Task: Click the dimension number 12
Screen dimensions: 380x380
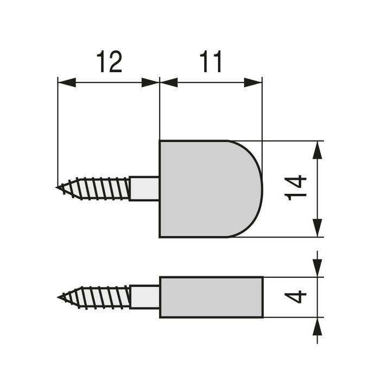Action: tap(109, 63)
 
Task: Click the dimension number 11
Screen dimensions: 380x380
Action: tap(211, 63)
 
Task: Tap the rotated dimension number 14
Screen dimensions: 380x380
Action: tap(297, 188)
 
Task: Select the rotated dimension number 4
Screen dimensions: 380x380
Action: tap(297, 297)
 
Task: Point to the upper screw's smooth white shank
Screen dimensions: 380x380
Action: tap(144, 188)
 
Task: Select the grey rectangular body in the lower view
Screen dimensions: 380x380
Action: tap(211, 297)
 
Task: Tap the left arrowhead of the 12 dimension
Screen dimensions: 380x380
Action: tap(66, 83)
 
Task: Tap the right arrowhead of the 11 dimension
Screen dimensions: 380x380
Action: tap(254, 83)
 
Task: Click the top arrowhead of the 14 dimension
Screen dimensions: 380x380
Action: tap(318, 150)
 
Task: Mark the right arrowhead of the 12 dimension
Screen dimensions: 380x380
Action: tap(150, 83)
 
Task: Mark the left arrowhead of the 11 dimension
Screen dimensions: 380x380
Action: tap(169, 83)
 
